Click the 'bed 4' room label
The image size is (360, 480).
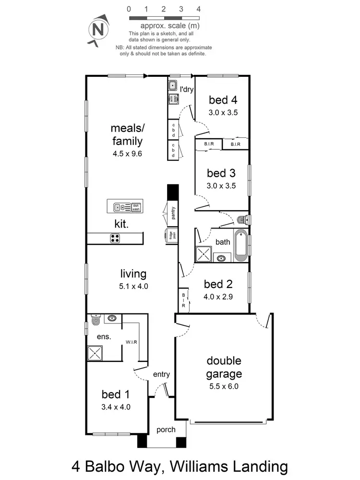coord(223,100)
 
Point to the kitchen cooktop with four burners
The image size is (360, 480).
coord(115,238)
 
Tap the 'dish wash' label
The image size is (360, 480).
coord(136,207)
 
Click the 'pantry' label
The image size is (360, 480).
coord(172,213)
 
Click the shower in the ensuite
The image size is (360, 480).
coord(95,354)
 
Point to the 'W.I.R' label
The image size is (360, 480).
coord(132,342)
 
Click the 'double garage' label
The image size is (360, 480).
coord(224,367)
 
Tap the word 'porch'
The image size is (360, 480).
coord(166,430)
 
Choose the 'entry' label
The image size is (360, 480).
coord(161,374)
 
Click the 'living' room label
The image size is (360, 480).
coord(133,274)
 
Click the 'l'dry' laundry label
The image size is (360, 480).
coord(186,89)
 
